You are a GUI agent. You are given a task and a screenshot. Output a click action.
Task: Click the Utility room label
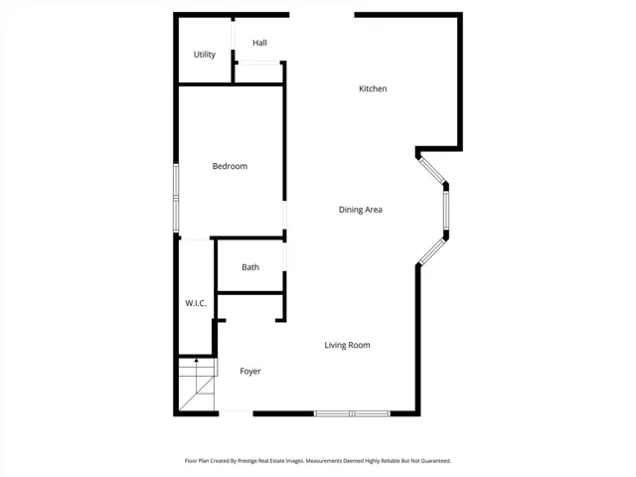(x=204, y=55)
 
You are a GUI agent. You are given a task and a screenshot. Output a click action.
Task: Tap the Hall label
(x=259, y=43)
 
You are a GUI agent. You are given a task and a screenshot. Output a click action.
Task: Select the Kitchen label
(x=373, y=88)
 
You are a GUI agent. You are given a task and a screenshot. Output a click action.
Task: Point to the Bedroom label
(x=230, y=166)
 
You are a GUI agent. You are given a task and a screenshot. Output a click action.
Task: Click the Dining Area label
(x=360, y=210)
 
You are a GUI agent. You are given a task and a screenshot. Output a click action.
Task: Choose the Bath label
(x=250, y=267)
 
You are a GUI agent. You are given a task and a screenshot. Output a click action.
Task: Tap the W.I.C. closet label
(x=196, y=303)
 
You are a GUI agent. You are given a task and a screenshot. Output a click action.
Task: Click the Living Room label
(x=347, y=345)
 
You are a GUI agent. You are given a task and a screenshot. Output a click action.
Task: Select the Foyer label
(x=250, y=371)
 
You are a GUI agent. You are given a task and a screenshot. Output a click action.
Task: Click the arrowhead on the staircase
(x=197, y=360)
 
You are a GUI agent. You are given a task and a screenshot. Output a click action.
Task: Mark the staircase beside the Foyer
(x=197, y=384)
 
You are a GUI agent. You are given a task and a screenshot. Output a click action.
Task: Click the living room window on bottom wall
(x=352, y=413)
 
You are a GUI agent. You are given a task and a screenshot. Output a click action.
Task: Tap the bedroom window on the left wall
(x=176, y=198)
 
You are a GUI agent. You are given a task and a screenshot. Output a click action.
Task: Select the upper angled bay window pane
(x=432, y=170)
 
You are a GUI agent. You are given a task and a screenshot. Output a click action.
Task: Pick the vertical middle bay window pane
(x=446, y=211)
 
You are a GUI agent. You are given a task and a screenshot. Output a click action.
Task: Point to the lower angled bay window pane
(x=432, y=251)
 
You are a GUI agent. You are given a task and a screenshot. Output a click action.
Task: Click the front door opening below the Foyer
(x=237, y=413)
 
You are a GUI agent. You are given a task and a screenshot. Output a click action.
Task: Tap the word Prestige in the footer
(x=247, y=461)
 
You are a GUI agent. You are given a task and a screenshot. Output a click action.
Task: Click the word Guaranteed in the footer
(x=436, y=461)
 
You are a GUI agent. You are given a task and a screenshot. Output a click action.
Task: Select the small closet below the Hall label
(x=258, y=73)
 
